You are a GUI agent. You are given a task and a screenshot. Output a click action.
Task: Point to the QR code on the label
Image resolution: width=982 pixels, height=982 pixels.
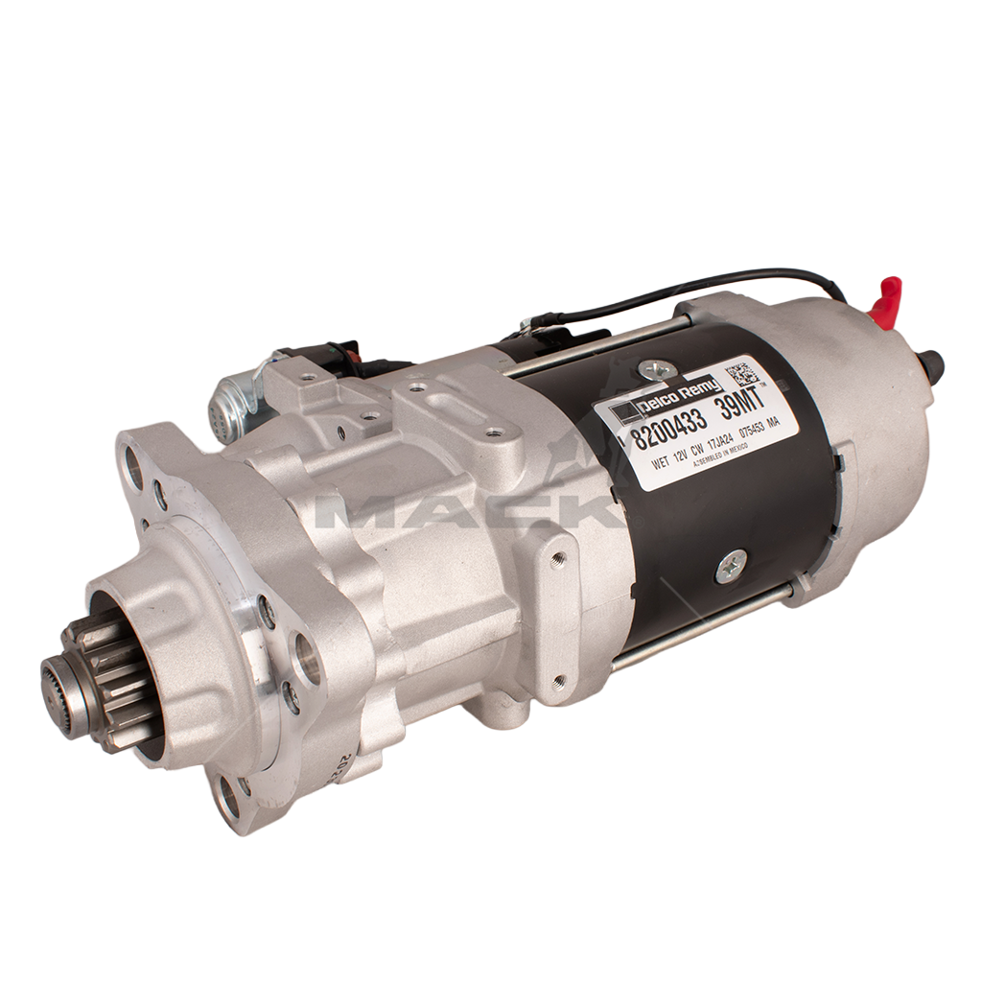tap(742, 372)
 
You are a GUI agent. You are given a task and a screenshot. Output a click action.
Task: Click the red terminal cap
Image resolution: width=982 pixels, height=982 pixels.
tap(887, 299)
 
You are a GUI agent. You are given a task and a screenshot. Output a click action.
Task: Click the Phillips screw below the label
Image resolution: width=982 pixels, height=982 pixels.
tap(730, 567)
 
